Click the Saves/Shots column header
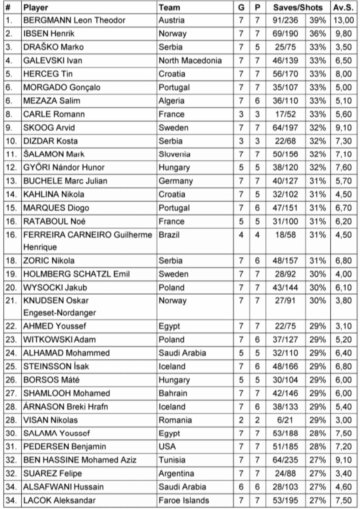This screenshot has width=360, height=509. click(298, 7)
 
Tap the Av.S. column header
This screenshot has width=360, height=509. click(343, 7)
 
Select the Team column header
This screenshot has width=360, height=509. click(169, 7)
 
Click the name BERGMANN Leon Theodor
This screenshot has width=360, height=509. click(74, 20)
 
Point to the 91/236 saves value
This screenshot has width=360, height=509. click(285, 20)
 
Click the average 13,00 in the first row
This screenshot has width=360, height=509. click(343, 20)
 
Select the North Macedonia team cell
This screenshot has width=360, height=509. click(190, 60)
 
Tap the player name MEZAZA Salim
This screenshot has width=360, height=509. click(52, 101)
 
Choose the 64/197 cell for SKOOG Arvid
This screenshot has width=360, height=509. click(285, 128)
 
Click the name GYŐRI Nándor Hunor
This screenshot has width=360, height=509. click(64, 167)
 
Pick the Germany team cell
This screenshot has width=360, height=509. click(176, 181)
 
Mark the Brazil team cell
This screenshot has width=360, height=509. click(169, 235)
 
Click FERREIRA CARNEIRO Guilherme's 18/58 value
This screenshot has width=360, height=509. click(285, 235)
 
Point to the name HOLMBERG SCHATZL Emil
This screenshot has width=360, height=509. click(76, 274)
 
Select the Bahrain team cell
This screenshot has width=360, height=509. click(173, 393)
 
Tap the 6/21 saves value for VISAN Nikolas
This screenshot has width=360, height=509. click(285, 420)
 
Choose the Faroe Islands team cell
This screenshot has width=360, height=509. click(184, 500)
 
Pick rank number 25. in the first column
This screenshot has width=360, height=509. click(11, 366)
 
